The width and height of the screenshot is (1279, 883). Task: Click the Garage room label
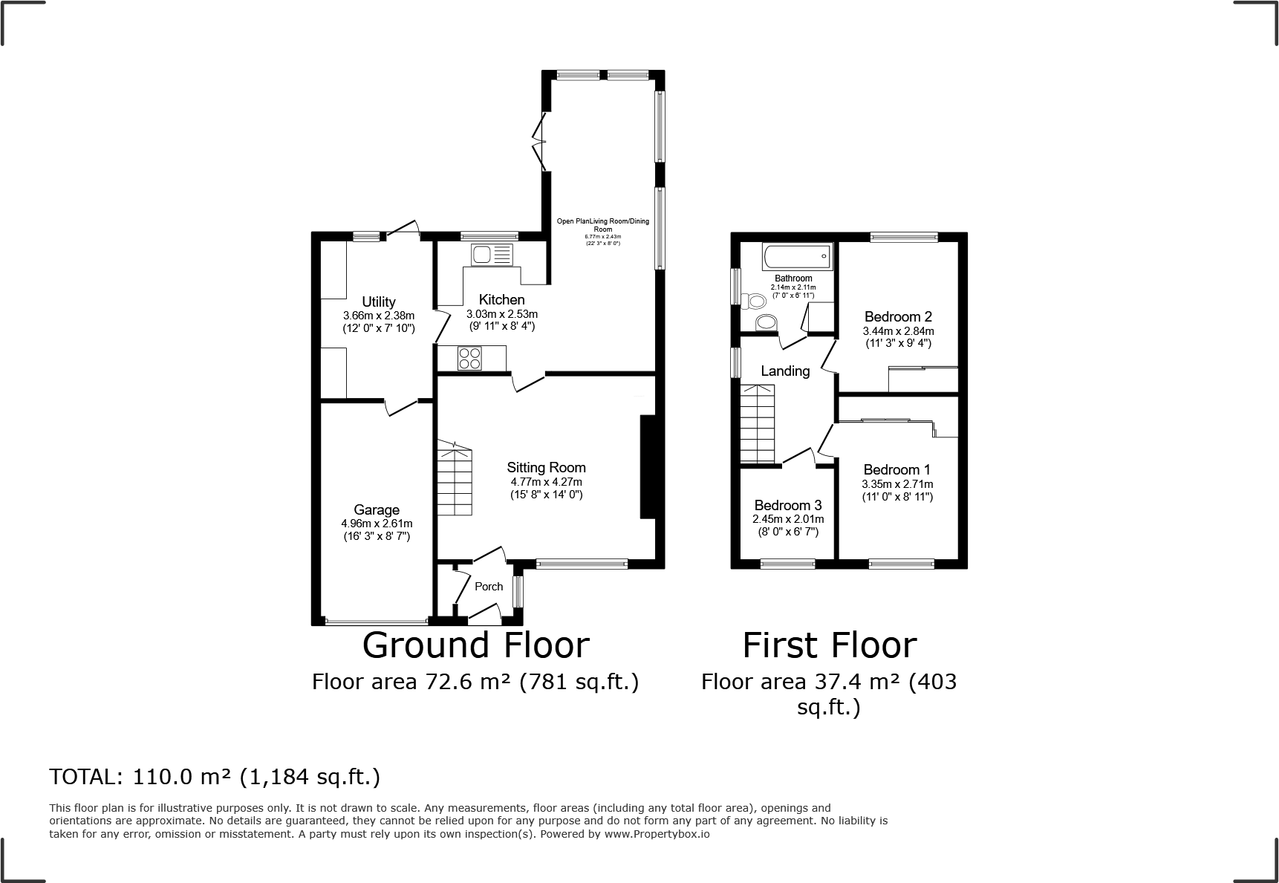pos(377,510)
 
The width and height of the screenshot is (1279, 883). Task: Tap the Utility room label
pos(379,302)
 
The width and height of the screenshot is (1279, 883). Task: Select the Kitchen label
pos(501,300)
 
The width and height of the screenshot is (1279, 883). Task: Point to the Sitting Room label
pos(547,468)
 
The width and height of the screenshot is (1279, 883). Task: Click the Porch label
pos(489,587)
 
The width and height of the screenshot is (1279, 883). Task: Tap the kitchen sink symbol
pos(492,255)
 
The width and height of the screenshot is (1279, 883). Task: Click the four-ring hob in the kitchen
pos(470,359)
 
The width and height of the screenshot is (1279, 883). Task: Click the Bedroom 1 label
pos(897,470)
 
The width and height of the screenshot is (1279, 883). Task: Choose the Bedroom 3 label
pos(788,506)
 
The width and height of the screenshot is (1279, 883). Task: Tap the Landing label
pos(785,371)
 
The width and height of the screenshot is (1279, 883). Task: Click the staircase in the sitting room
pos(454,478)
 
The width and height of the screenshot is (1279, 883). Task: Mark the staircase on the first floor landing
pos(758,423)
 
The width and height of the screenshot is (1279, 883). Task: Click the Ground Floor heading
pos(475,645)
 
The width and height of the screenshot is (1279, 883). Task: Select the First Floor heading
pos(830,645)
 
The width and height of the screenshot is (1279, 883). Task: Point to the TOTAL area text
pos(215,777)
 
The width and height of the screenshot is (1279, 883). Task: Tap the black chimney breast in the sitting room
pos(648,466)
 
